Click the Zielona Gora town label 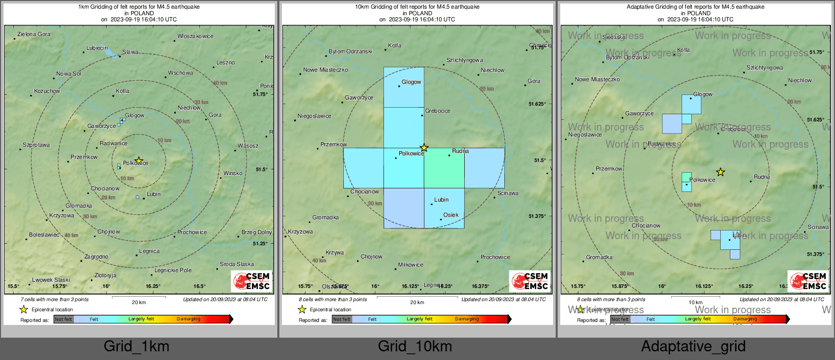34,35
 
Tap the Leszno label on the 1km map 226,62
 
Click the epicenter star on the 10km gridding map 424,148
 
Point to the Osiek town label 451,215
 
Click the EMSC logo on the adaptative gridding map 808,281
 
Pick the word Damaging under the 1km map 188,319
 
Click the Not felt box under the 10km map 342,319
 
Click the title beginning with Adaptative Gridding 695,7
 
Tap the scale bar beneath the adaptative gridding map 695,298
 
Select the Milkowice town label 410,265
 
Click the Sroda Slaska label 237,265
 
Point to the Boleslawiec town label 44,235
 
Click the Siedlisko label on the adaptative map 614,37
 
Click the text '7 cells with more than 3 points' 54,300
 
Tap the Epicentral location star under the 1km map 23,309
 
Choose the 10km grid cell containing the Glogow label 404,87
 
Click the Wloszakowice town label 195,37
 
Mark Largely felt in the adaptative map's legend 697,319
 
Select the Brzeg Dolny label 256,233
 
